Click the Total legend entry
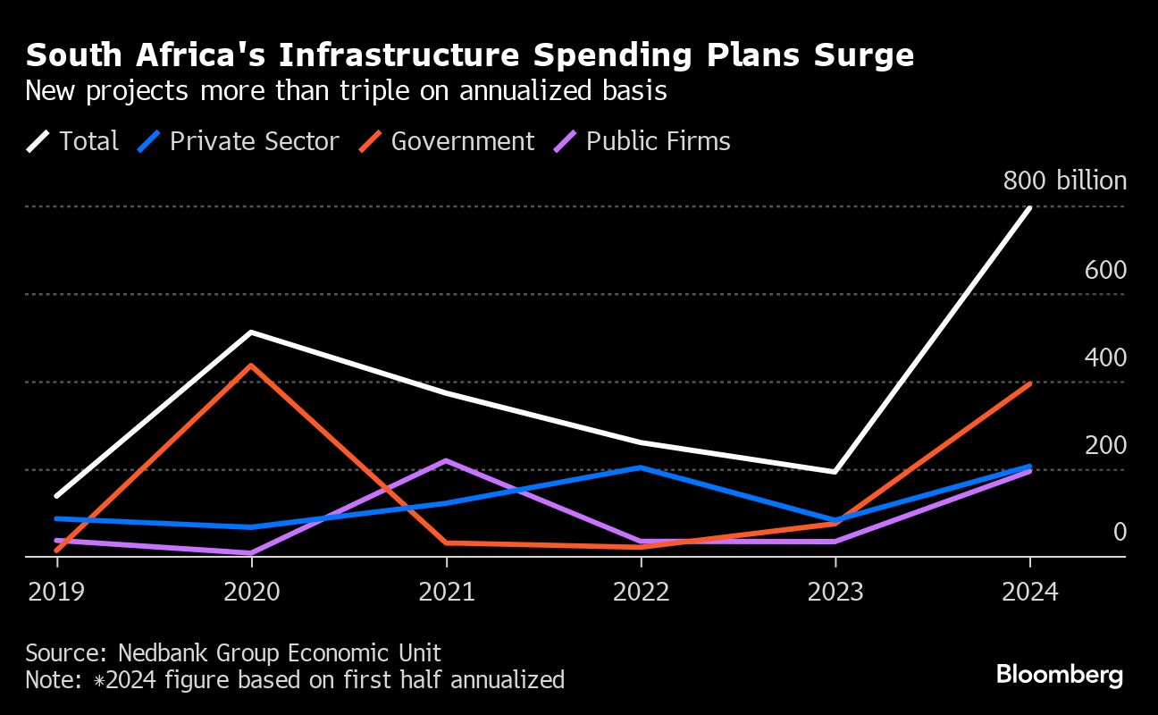pos(72,141)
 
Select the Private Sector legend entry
pos(239,141)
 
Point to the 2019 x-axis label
pos(57,593)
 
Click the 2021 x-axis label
pos(447,593)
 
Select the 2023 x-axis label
pos(835,593)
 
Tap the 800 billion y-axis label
pos(1064,181)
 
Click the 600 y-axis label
pos(1105,271)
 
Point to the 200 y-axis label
pos(1105,445)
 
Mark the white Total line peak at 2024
pos(1030,208)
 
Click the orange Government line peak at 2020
pos(252,365)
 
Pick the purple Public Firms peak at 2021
pos(447,460)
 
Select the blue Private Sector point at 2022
pos(641,467)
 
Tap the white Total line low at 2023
pos(835,471)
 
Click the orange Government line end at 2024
pos(1030,384)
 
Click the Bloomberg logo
pos(1060,675)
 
